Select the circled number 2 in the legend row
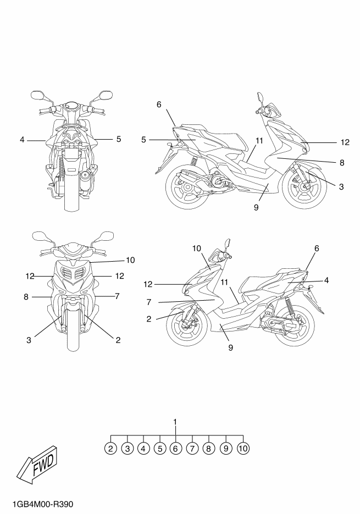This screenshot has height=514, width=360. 111,448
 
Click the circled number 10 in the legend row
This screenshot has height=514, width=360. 243,448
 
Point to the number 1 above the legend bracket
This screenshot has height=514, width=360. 175,422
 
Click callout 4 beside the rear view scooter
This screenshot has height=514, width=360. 22,140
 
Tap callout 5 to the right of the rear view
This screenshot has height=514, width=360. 118,140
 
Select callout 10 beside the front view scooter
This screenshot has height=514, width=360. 130,259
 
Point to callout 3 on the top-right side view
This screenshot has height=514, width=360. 341,187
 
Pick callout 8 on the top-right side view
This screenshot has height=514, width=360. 341,162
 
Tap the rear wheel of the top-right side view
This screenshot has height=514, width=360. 185,187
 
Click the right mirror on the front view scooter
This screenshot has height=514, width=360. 101,237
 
